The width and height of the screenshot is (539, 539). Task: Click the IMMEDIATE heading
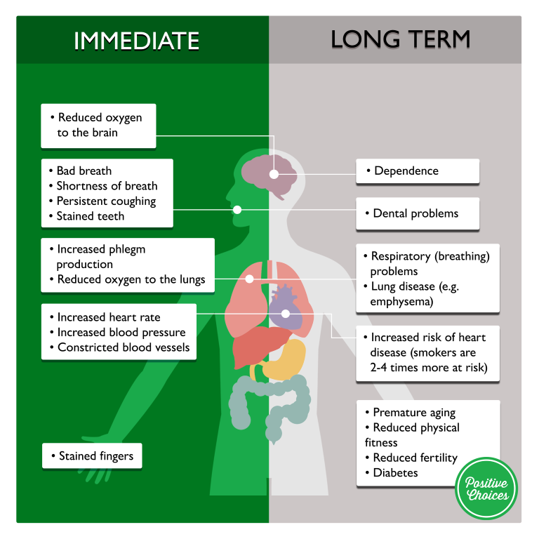136,41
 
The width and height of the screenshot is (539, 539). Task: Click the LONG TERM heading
400,40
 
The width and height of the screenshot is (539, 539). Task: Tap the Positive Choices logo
486,488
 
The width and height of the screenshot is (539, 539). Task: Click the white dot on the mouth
237,209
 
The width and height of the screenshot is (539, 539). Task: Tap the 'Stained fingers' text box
92,456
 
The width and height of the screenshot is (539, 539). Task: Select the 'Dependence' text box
417,171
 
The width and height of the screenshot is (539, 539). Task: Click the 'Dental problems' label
417,213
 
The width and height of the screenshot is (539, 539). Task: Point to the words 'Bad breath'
84,171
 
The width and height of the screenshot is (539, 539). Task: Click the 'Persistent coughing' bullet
106,201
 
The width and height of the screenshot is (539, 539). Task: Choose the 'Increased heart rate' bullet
108,317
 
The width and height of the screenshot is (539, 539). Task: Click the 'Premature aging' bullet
414,413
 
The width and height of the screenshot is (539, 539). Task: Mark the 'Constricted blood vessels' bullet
123,347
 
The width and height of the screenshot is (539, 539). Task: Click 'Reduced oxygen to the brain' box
98,126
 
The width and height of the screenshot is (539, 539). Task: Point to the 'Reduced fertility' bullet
415,458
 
